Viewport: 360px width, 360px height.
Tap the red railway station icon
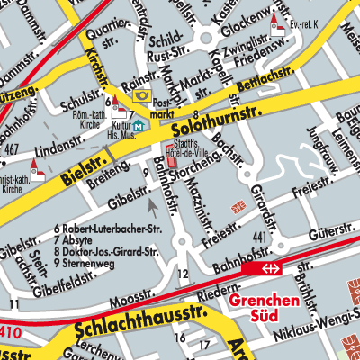tap(268, 268)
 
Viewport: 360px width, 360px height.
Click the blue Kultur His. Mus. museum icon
tap(138, 127)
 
